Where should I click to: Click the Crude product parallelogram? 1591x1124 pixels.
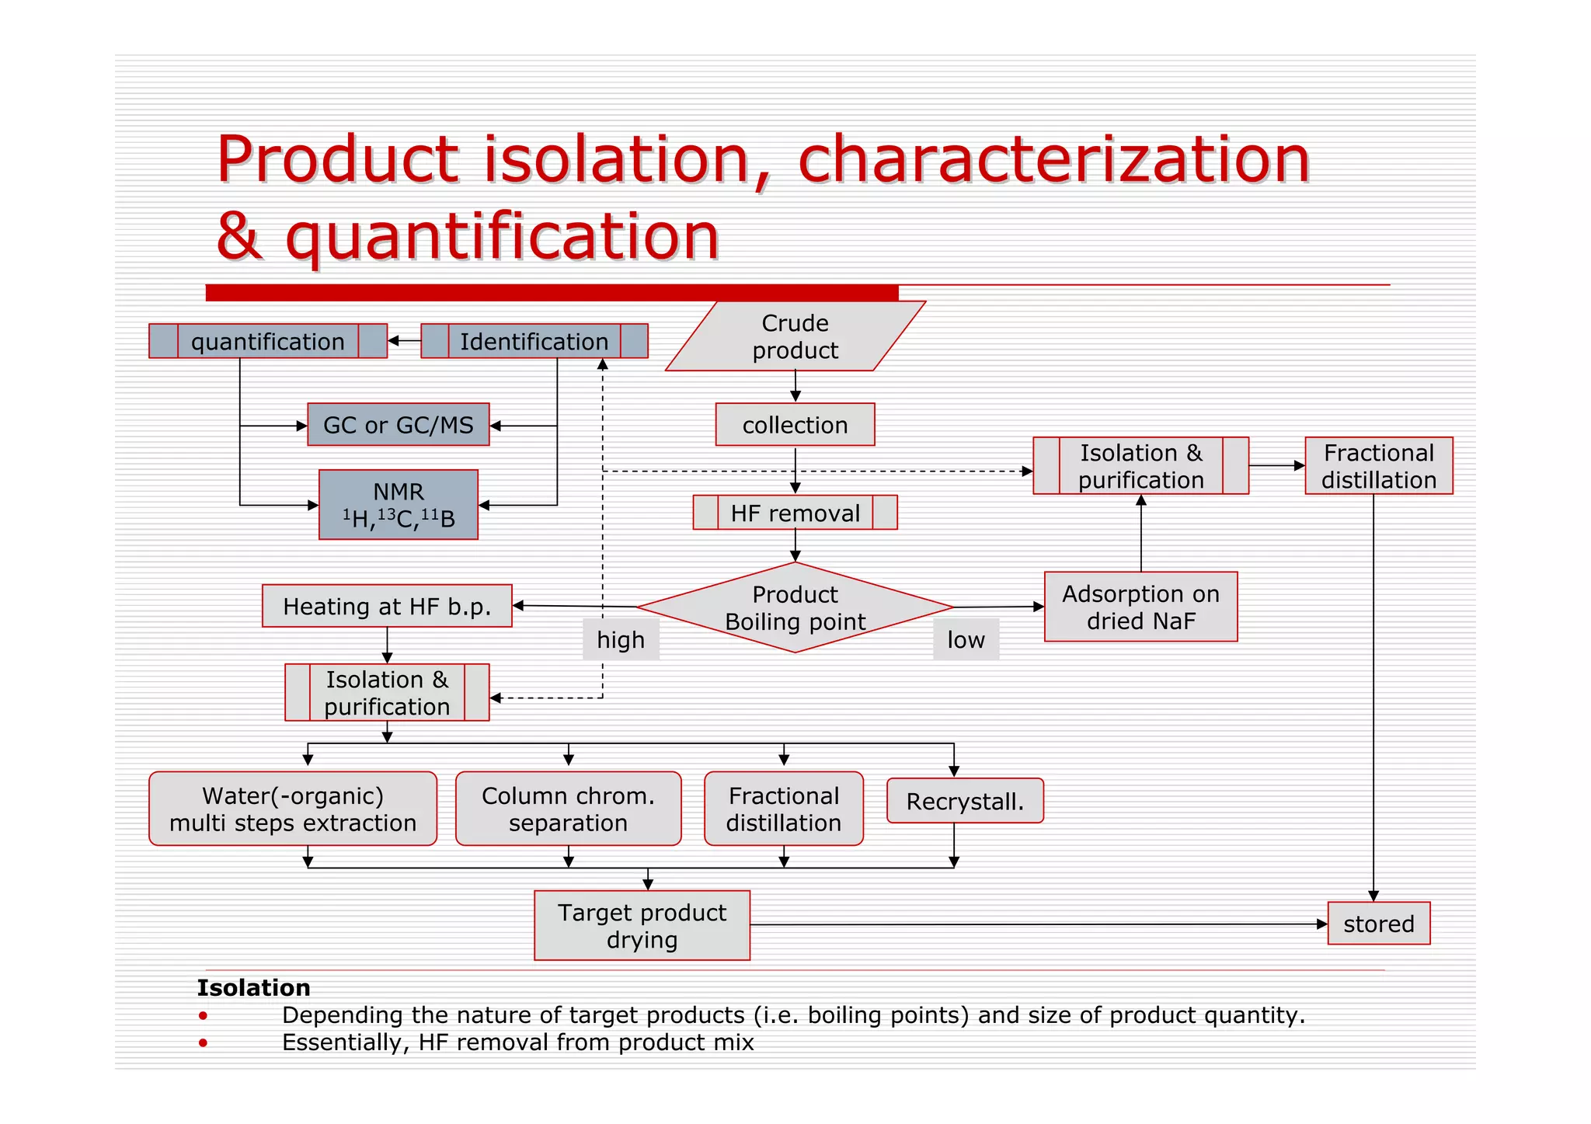(x=795, y=336)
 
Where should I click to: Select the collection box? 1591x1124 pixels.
(x=795, y=425)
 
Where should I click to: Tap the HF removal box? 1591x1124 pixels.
(x=795, y=513)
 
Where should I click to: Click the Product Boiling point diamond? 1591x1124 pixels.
(x=795, y=607)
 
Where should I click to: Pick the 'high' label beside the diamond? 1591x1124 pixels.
(x=621, y=639)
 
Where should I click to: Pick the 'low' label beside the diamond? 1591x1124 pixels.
(x=966, y=639)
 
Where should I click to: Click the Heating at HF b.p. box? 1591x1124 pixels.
(x=387, y=606)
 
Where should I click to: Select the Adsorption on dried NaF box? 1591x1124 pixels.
(x=1140, y=607)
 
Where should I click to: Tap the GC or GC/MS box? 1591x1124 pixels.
(x=398, y=425)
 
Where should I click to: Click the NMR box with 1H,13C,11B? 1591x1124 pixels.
(x=398, y=505)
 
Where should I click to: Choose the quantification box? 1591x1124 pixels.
(x=267, y=342)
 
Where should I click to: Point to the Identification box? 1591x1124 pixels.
(x=534, y=342)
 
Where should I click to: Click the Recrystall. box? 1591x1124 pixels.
(x=965, y=801)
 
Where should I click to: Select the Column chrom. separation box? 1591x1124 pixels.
(x=568, y=809)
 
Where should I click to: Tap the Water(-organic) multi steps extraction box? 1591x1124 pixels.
(x=293, y=809)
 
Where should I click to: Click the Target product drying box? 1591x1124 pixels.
(x=642, y=925)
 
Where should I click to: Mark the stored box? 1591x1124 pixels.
(x=1378, y=924)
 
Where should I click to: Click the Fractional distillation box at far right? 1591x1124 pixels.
(x=1378, y=466)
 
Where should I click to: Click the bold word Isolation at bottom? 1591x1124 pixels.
(x=253, y=987)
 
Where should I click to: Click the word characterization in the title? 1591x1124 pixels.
(x=1053, y=159)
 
